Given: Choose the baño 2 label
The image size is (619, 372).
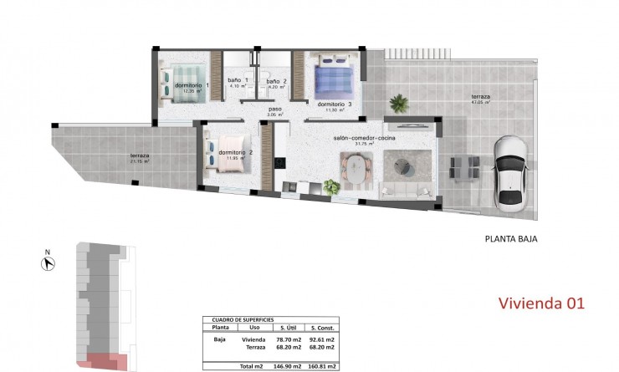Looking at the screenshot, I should coord(277,82).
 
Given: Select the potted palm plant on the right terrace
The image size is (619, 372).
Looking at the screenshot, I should coord(400,104).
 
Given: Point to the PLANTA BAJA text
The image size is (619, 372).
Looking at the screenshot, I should coord(510,239).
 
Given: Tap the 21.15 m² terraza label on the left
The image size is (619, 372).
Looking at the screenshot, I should coord(139,159).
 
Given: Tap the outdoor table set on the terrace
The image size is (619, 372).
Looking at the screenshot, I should coord(463,166).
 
